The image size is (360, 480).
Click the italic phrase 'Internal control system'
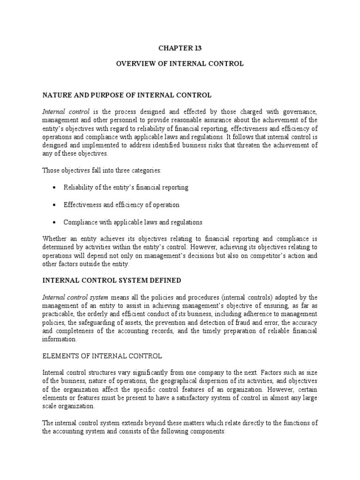coord(75,297)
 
